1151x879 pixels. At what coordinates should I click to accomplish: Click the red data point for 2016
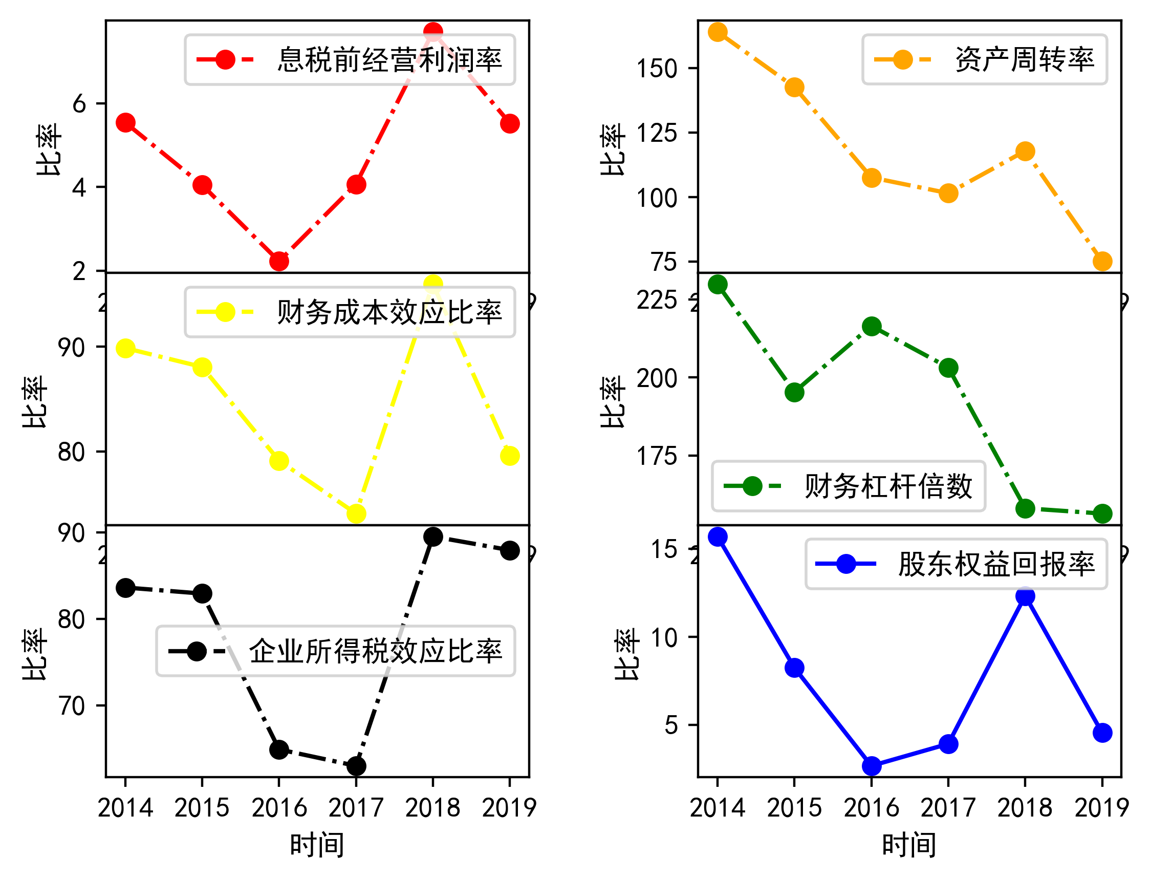279,261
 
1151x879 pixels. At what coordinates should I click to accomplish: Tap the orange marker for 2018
1026,152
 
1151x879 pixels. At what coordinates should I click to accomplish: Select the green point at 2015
794,393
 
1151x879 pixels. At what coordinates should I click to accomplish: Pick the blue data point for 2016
872,766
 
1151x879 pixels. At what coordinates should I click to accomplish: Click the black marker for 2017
356,766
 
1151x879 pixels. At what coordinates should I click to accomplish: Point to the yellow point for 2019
510,456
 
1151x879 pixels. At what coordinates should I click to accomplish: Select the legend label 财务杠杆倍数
888,486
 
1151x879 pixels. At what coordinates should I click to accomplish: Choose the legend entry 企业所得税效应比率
376,651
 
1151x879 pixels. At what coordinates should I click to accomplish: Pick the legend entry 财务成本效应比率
389,312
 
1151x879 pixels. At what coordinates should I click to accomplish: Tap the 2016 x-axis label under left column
279,808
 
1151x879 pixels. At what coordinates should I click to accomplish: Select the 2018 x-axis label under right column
1025,808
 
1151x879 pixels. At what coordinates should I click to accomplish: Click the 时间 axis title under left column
317,845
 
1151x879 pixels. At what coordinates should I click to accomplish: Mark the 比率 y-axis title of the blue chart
627,654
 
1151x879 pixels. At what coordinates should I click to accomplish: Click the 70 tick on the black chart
72,706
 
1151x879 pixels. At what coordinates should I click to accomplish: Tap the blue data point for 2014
718,537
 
